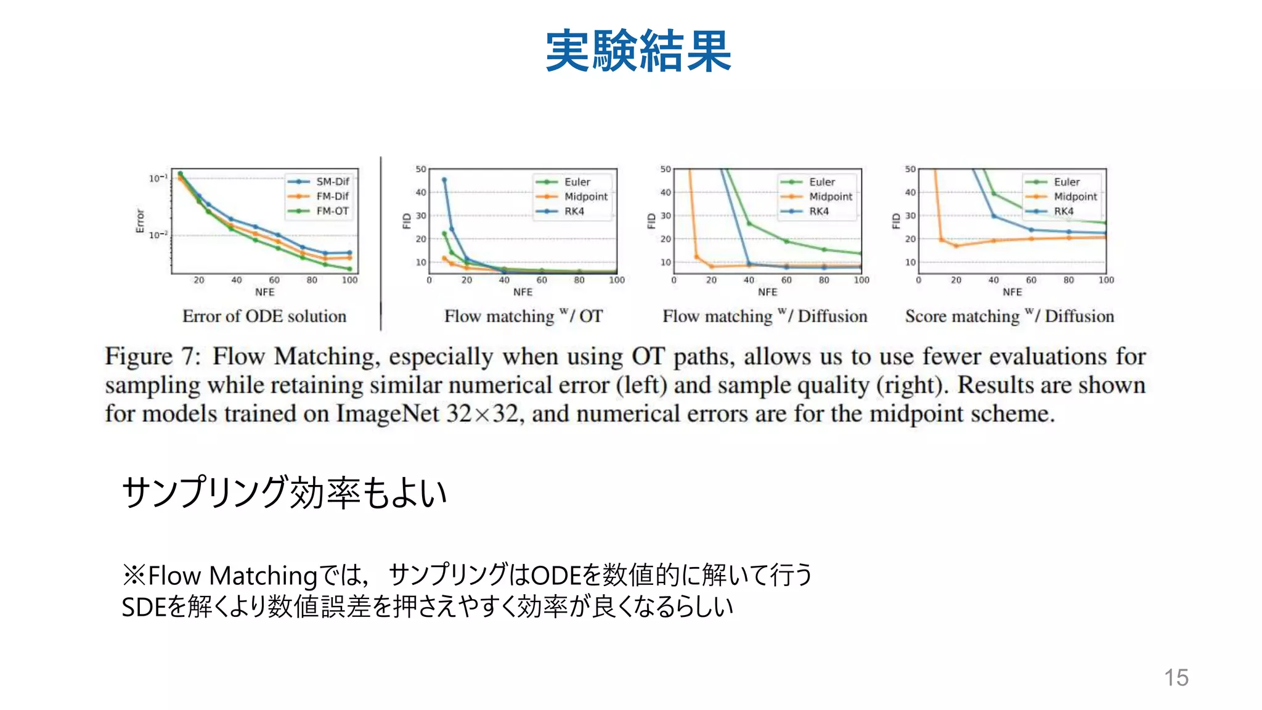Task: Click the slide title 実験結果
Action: click(638, 51)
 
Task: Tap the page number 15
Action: click(1176, 677)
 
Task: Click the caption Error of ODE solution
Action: click(264, 316)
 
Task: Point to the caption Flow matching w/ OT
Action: click(523, 316)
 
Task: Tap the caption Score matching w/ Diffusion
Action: click(1009, 316)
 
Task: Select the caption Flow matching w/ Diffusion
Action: click(765, 316)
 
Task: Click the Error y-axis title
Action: click(140, 221)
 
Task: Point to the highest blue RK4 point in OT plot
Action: click(444, 180)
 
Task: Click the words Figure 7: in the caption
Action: click(153, 356)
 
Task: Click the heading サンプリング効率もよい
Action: click(284, 492)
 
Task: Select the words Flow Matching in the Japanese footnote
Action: click(232, 576)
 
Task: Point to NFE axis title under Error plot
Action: click(265, 292)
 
